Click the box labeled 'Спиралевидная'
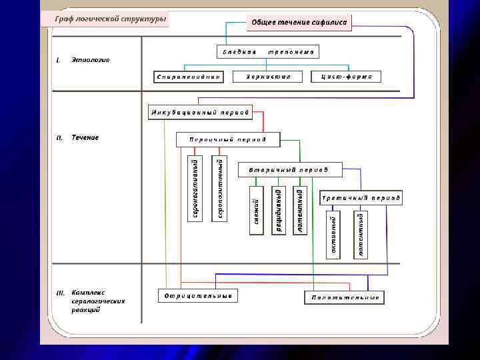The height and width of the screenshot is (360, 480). point(188,77)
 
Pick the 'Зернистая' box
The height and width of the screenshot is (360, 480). point(269,77)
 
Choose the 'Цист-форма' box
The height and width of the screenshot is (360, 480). point(347,77)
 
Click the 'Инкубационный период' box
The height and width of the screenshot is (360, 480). point(200,112)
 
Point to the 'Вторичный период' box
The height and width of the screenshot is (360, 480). point(289,169)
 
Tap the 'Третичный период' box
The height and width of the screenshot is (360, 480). point(361,198)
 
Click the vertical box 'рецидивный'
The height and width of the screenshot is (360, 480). point(279,210)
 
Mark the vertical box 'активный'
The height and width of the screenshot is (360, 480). point(333,235)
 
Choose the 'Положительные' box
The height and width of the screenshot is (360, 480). point(345,297)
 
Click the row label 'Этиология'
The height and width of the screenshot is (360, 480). point(91,60)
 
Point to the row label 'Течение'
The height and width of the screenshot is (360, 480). point(85,137)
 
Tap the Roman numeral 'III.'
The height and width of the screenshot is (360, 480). point(60,293)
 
